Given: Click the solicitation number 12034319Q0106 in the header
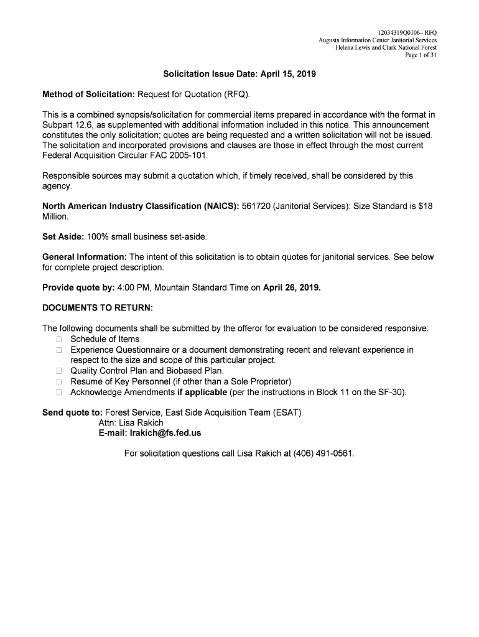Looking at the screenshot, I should coord(399,32).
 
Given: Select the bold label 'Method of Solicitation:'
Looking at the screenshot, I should coord(89,94).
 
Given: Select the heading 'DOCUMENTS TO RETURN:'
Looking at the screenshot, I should coord(98,308).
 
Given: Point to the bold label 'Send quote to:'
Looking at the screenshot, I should coord(72,412).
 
